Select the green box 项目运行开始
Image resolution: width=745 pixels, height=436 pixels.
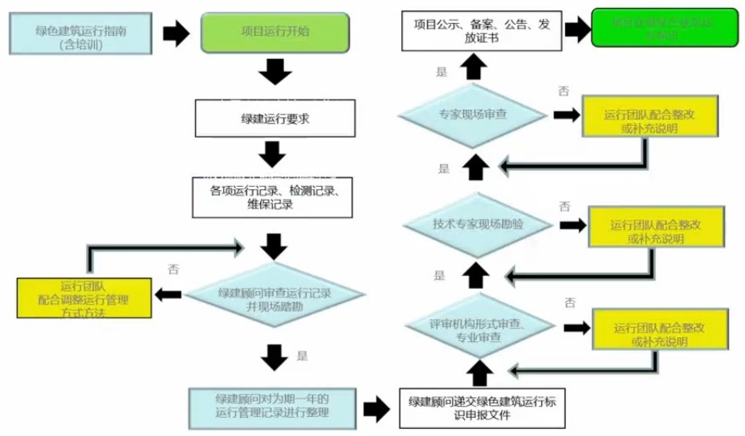(x=275, y=33)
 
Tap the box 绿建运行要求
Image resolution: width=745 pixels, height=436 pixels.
(x=274, y=119)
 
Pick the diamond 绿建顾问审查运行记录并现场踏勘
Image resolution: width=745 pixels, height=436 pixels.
(x=274, y=298)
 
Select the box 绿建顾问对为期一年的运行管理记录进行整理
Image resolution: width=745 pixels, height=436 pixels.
(x=271, y=407)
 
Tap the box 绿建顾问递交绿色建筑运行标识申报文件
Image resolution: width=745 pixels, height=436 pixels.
(x=481, y=407)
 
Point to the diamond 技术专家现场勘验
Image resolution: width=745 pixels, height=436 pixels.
(x=478, y=224)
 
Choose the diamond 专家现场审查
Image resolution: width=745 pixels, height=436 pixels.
(x=473, y=115)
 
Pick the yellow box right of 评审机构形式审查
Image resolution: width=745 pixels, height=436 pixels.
(x=659, y=334)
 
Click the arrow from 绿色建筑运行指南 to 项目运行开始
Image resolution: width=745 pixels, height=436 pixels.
(x=176, y=33)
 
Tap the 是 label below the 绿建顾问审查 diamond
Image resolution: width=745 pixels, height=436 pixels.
(x=302, y=356)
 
